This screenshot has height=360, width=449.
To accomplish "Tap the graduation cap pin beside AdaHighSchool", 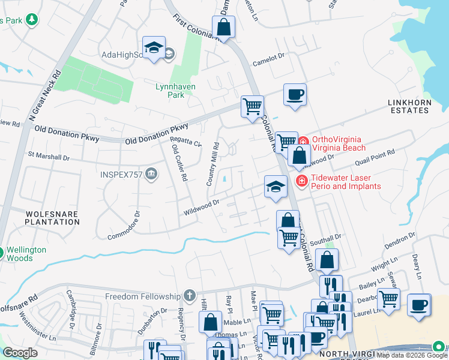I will point(154,47).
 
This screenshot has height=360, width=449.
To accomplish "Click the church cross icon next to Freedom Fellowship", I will point(190,295).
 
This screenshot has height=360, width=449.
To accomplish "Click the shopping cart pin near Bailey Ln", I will point(388,298).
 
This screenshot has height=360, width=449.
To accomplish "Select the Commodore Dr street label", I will point(124,225).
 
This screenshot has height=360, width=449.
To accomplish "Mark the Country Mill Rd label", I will point(212,163).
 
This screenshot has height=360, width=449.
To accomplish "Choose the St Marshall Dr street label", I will point(49,157).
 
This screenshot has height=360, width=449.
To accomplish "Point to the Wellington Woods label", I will point(23,254).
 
